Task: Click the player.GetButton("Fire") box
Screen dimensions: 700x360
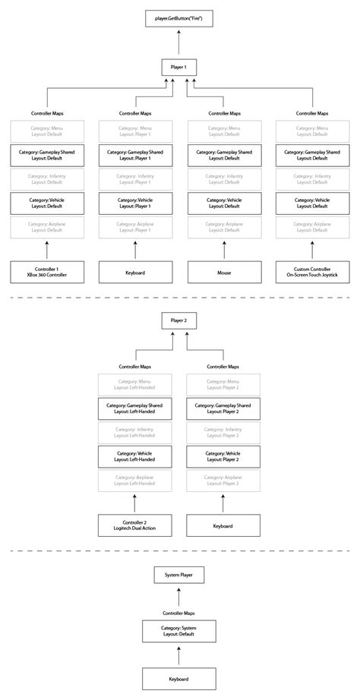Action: coord(179,16)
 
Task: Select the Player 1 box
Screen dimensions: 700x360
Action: coord(179,68)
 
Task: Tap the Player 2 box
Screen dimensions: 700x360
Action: coord(179,321)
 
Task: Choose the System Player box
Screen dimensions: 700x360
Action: coord(179,575)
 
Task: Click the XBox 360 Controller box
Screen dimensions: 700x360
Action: coord(46,272)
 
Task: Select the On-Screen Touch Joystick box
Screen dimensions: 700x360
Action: coord(312,272)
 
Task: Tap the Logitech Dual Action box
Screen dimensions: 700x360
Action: coord(134,525)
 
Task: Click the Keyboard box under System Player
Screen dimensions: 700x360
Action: coord(179,679)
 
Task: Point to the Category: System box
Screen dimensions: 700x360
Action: coord(179,631)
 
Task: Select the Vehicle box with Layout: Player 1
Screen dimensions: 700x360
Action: coord(134,203)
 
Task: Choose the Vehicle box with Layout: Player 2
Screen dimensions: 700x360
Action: coord(223,457)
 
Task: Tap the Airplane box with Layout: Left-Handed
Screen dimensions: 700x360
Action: coord(134,481)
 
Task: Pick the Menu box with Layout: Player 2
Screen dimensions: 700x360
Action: coord(223,385)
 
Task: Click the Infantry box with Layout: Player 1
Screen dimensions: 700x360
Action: coord(134,180)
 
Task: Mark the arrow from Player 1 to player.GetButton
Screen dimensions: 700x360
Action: coord(179,43)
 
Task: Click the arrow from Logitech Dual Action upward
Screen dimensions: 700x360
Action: coord(134,503)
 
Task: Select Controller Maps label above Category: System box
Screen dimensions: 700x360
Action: coord(179,612)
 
